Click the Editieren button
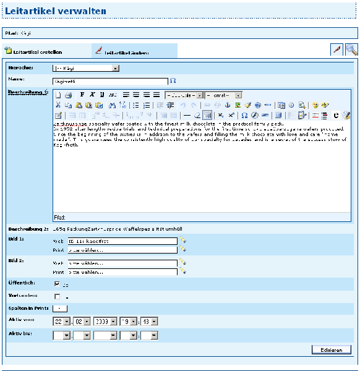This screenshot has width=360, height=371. coord(331,350)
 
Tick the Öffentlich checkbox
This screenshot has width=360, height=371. coord(57,284)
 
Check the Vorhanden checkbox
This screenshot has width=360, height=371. coord(57,297)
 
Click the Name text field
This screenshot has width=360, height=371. coord(110,80)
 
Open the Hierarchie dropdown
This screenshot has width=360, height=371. coord(86,67)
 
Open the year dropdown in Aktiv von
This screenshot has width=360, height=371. coord(104,322)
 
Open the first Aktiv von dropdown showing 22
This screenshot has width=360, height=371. coord(62,322)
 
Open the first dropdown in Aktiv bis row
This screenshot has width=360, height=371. coord(62,336)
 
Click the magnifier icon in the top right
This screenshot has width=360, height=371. coord(351,50)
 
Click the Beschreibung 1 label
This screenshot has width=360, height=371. coord(28,93)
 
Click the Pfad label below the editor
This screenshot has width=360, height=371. coord(60,217)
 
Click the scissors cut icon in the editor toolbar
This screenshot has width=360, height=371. coord(59,105)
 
